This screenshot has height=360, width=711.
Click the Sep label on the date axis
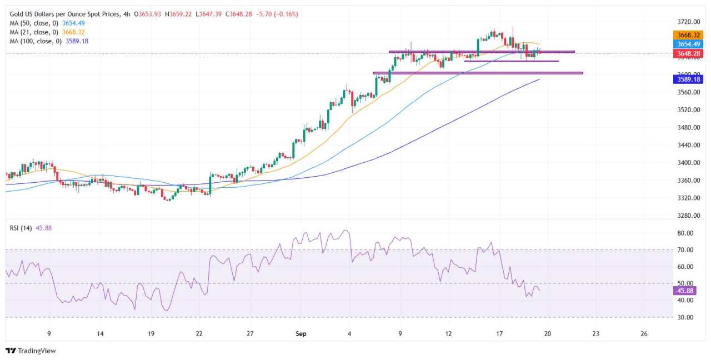301,334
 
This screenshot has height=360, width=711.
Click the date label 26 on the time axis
644,334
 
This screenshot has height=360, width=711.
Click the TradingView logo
31,351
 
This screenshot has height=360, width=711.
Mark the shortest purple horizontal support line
511,61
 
